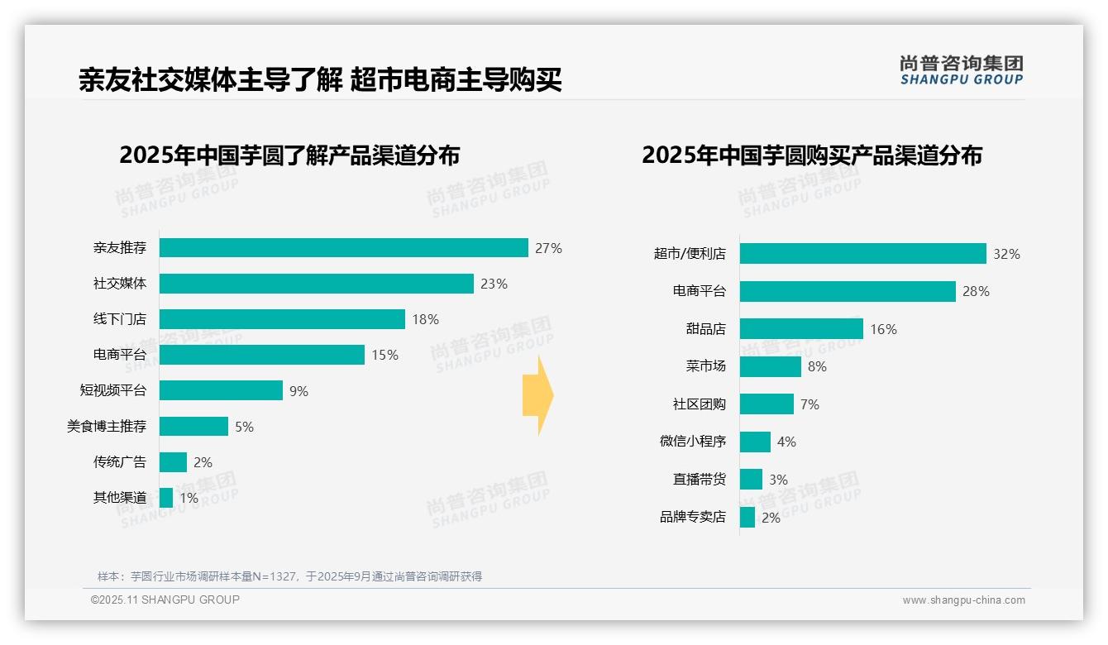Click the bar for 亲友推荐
[343, 248]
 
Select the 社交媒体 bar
[316, 284]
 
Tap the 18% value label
[425, 319]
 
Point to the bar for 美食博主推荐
[193, 426]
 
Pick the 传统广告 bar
[173, 462]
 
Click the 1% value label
[189, 498]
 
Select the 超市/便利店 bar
[862, 254]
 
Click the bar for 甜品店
[801, 329]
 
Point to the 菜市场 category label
[705, 366]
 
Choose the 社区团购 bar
[767, 404]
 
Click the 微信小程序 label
[692, 442]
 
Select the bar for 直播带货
[751, 480]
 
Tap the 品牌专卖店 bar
[747, 518]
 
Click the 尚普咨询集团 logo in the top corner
[961, 69]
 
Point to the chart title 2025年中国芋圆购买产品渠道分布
[811, 155]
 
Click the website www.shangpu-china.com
[963, 600]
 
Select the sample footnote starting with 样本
[289, 576]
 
